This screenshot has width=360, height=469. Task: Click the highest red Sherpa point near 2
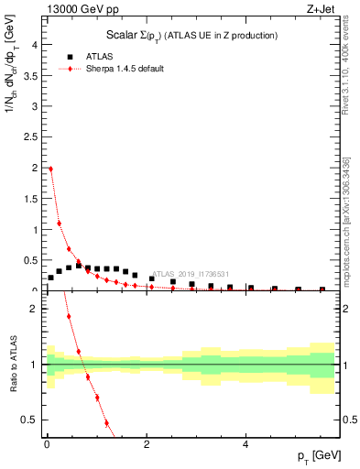pyautogui.click(x=50, y=169)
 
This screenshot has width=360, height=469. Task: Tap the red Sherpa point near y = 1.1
pyautogui.click(x=60, y=223)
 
